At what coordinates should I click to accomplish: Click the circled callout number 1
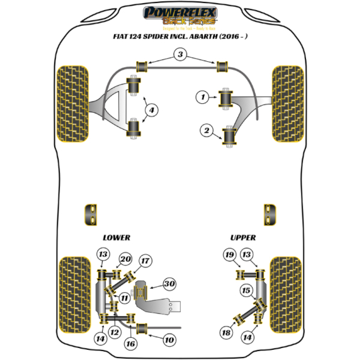204,97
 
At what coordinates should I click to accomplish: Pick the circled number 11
125,298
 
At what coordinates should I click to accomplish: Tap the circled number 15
245,292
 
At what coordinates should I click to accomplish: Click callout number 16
131,343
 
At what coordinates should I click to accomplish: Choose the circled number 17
145,260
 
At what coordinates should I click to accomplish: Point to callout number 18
227,333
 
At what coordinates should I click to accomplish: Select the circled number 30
169,286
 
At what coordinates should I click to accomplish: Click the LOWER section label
116,238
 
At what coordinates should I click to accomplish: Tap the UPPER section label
243,238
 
